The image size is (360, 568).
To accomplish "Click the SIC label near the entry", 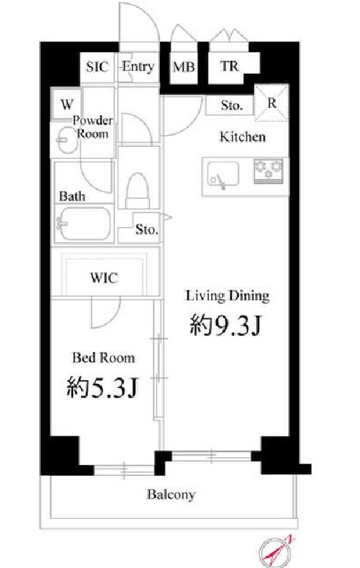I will [x=97, y=67].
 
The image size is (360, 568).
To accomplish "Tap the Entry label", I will [x=137, y=67].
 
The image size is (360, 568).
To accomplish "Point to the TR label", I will [x=228, y=67].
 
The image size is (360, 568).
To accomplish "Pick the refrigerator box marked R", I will [x=272, y=102].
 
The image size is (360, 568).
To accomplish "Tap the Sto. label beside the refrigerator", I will [x=231, y=106].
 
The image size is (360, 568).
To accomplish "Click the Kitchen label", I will [x=242, y=137].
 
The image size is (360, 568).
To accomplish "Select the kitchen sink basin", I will [x=223, y=175].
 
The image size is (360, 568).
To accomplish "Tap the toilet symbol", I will [x=137, y=190].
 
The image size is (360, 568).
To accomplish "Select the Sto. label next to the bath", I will [x=147, y=230].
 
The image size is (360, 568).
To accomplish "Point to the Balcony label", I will [x=171, y=494].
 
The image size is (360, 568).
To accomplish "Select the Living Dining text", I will [x=228, y=295].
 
